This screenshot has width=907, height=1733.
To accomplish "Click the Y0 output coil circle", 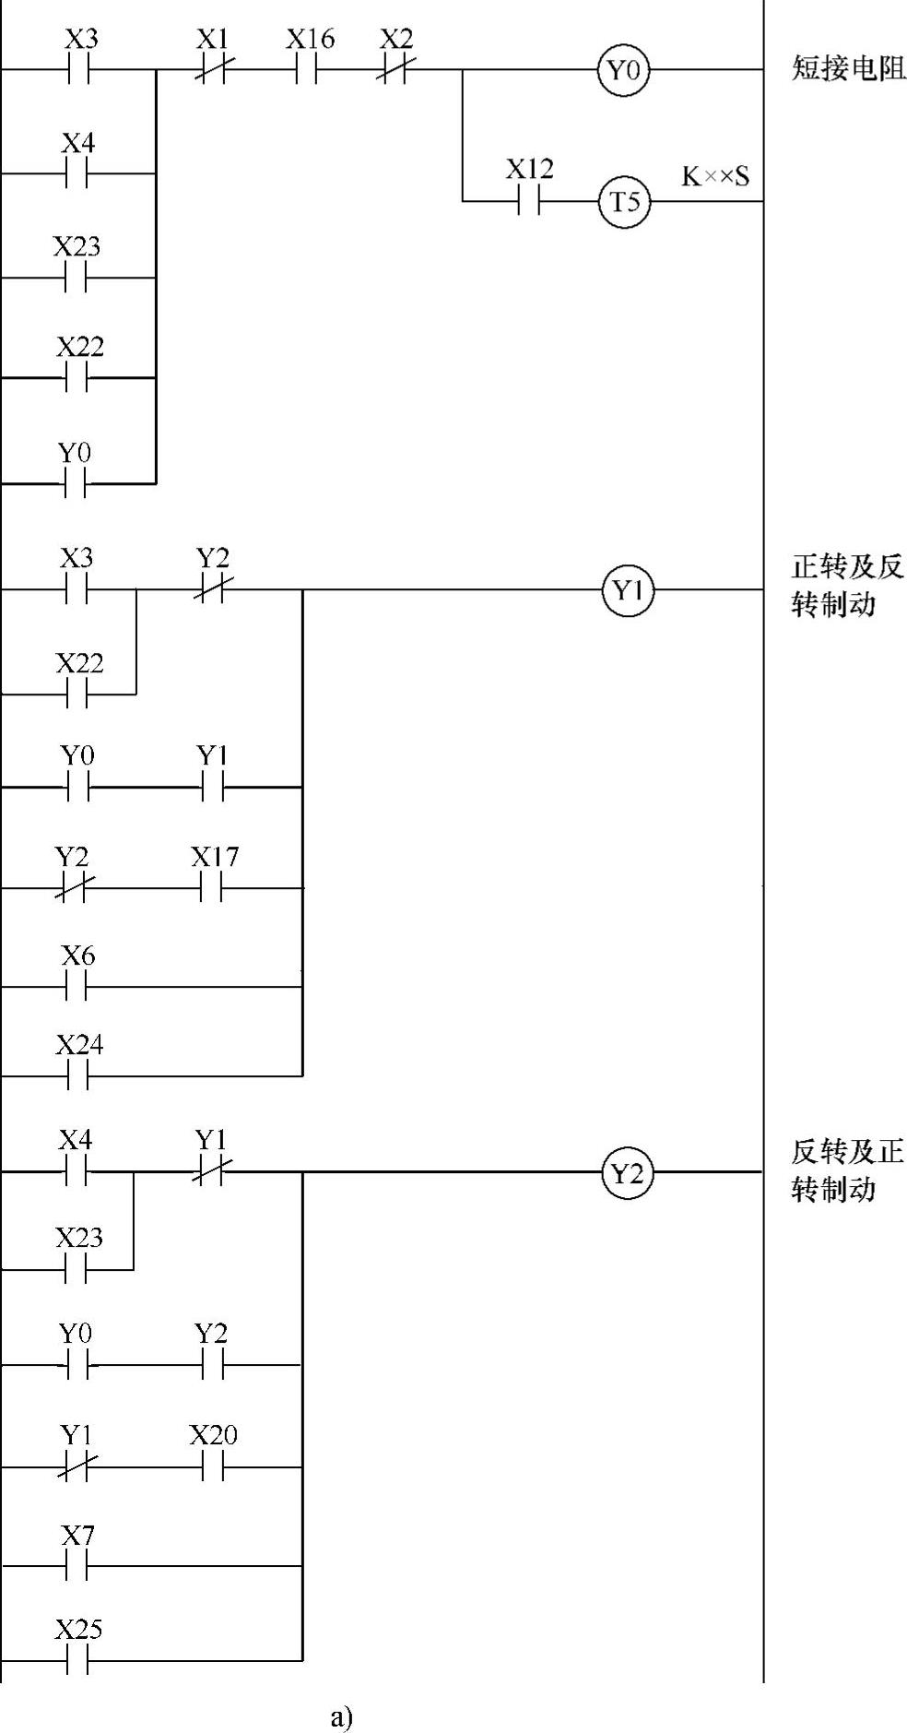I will click(x=624, y=69).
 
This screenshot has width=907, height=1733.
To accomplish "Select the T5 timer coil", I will click(x=624, y=201).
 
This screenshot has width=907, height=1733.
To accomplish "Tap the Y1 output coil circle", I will click(x=628, y=590).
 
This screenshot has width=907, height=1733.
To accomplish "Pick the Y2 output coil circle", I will click(x=628, y=1173).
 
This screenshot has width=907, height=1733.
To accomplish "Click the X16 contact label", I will click(x=310, y=40).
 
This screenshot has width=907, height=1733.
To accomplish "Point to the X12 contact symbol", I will click(x=528, y=201).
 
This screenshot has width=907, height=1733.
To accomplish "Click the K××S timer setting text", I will click(x=715, y=176).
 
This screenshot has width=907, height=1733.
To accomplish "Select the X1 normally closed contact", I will click(x=213, y=69).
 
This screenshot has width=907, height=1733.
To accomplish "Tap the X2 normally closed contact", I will click(x=396, y=69).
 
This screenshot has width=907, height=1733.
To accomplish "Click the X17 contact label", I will click(x=215, y=858).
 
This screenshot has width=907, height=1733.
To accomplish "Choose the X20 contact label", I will click(x=213, y=1435).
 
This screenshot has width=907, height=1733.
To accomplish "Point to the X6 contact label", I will click(x=78, y=956).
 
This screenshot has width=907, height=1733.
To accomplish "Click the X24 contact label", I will click(x=79, y=1045).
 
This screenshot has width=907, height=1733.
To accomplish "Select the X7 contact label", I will click(x=78, y=1536).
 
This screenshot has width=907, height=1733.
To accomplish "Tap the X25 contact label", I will click(x=78, y=1630).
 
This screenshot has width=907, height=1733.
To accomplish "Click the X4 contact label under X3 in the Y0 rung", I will click(x=78, y=144).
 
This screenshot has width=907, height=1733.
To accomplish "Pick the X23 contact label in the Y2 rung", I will click(x=78, y=1238).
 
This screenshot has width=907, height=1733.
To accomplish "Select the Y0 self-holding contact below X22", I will click(x=77, y=481).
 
